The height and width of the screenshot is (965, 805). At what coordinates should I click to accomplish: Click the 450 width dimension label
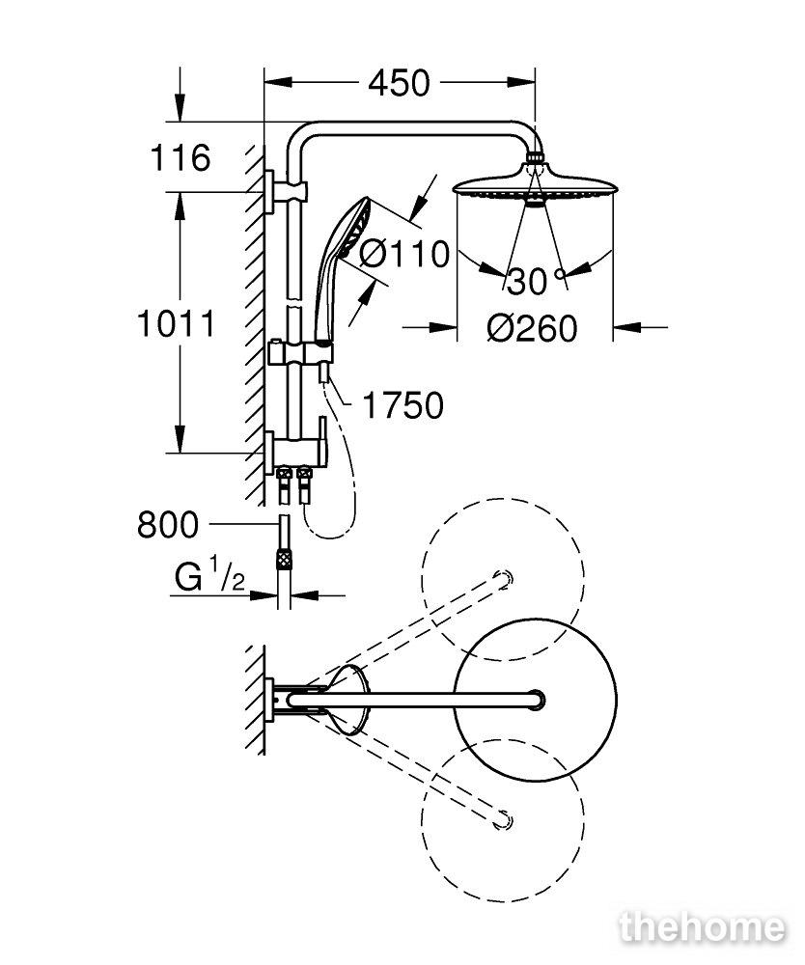click(x=399, y=83)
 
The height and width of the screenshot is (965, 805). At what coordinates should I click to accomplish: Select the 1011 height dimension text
click(x=177, y=323)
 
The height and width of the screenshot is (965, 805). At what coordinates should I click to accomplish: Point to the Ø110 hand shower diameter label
click(x=404, y=254)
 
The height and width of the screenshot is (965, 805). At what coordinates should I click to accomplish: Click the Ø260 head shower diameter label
click(x=533, y=328)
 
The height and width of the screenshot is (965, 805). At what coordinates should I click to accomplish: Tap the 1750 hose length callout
click(x=403, y=405)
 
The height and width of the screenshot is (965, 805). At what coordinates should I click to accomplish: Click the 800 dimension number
click(x=168, y=525)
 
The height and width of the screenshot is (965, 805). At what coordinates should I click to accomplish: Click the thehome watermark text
click(x=703, y=926)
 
